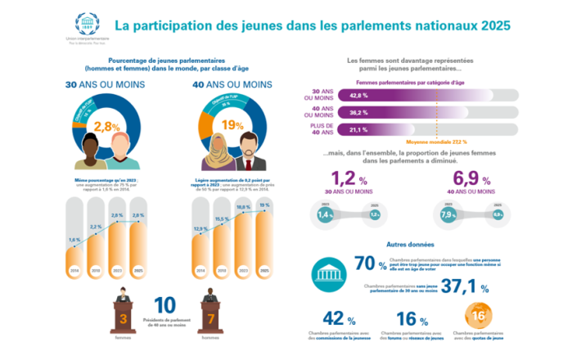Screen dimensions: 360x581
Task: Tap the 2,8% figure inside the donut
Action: point(107,126)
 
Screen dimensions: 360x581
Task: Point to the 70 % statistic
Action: point(371,263)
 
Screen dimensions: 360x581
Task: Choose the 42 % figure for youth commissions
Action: point(338,319)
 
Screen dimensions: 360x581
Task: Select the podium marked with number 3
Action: point(124,317)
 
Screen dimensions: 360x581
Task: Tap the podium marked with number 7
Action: point(211,317)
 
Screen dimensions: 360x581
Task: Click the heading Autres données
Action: point(409,244)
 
